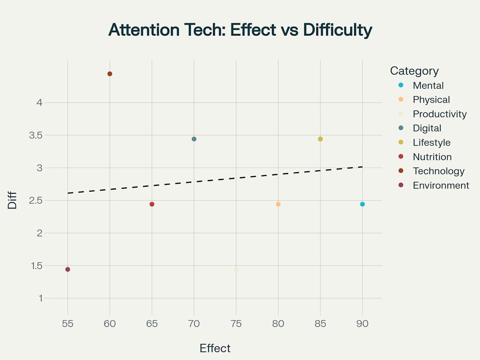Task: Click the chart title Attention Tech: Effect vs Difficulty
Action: tap(240, 30)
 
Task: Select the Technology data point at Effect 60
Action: tap(110, 74)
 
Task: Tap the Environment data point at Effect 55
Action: tap(68, 269)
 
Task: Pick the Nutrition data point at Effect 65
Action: tap(152, 204)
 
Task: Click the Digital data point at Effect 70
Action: tap(194, 139)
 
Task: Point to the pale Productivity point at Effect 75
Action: tap(236, 269)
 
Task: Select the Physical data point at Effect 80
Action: tap(278, 204)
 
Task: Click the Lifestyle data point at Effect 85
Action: tap(320, 139)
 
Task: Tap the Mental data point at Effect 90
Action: tap(362, 204)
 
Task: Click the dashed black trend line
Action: tap(215, 180)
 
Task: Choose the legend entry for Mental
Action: tap(428, 85)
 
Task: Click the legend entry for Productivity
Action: tap(439, 114)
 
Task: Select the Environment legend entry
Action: tap(441, 185)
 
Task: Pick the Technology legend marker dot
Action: tap(401, 171)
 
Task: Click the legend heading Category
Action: tap(414, 71)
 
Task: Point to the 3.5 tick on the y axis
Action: tap(36, 135)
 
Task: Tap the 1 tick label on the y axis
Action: tap(40, 298)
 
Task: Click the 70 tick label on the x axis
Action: tap(194, 323)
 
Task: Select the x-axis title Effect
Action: tap(215, 348)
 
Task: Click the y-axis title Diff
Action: tap(12, 200)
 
